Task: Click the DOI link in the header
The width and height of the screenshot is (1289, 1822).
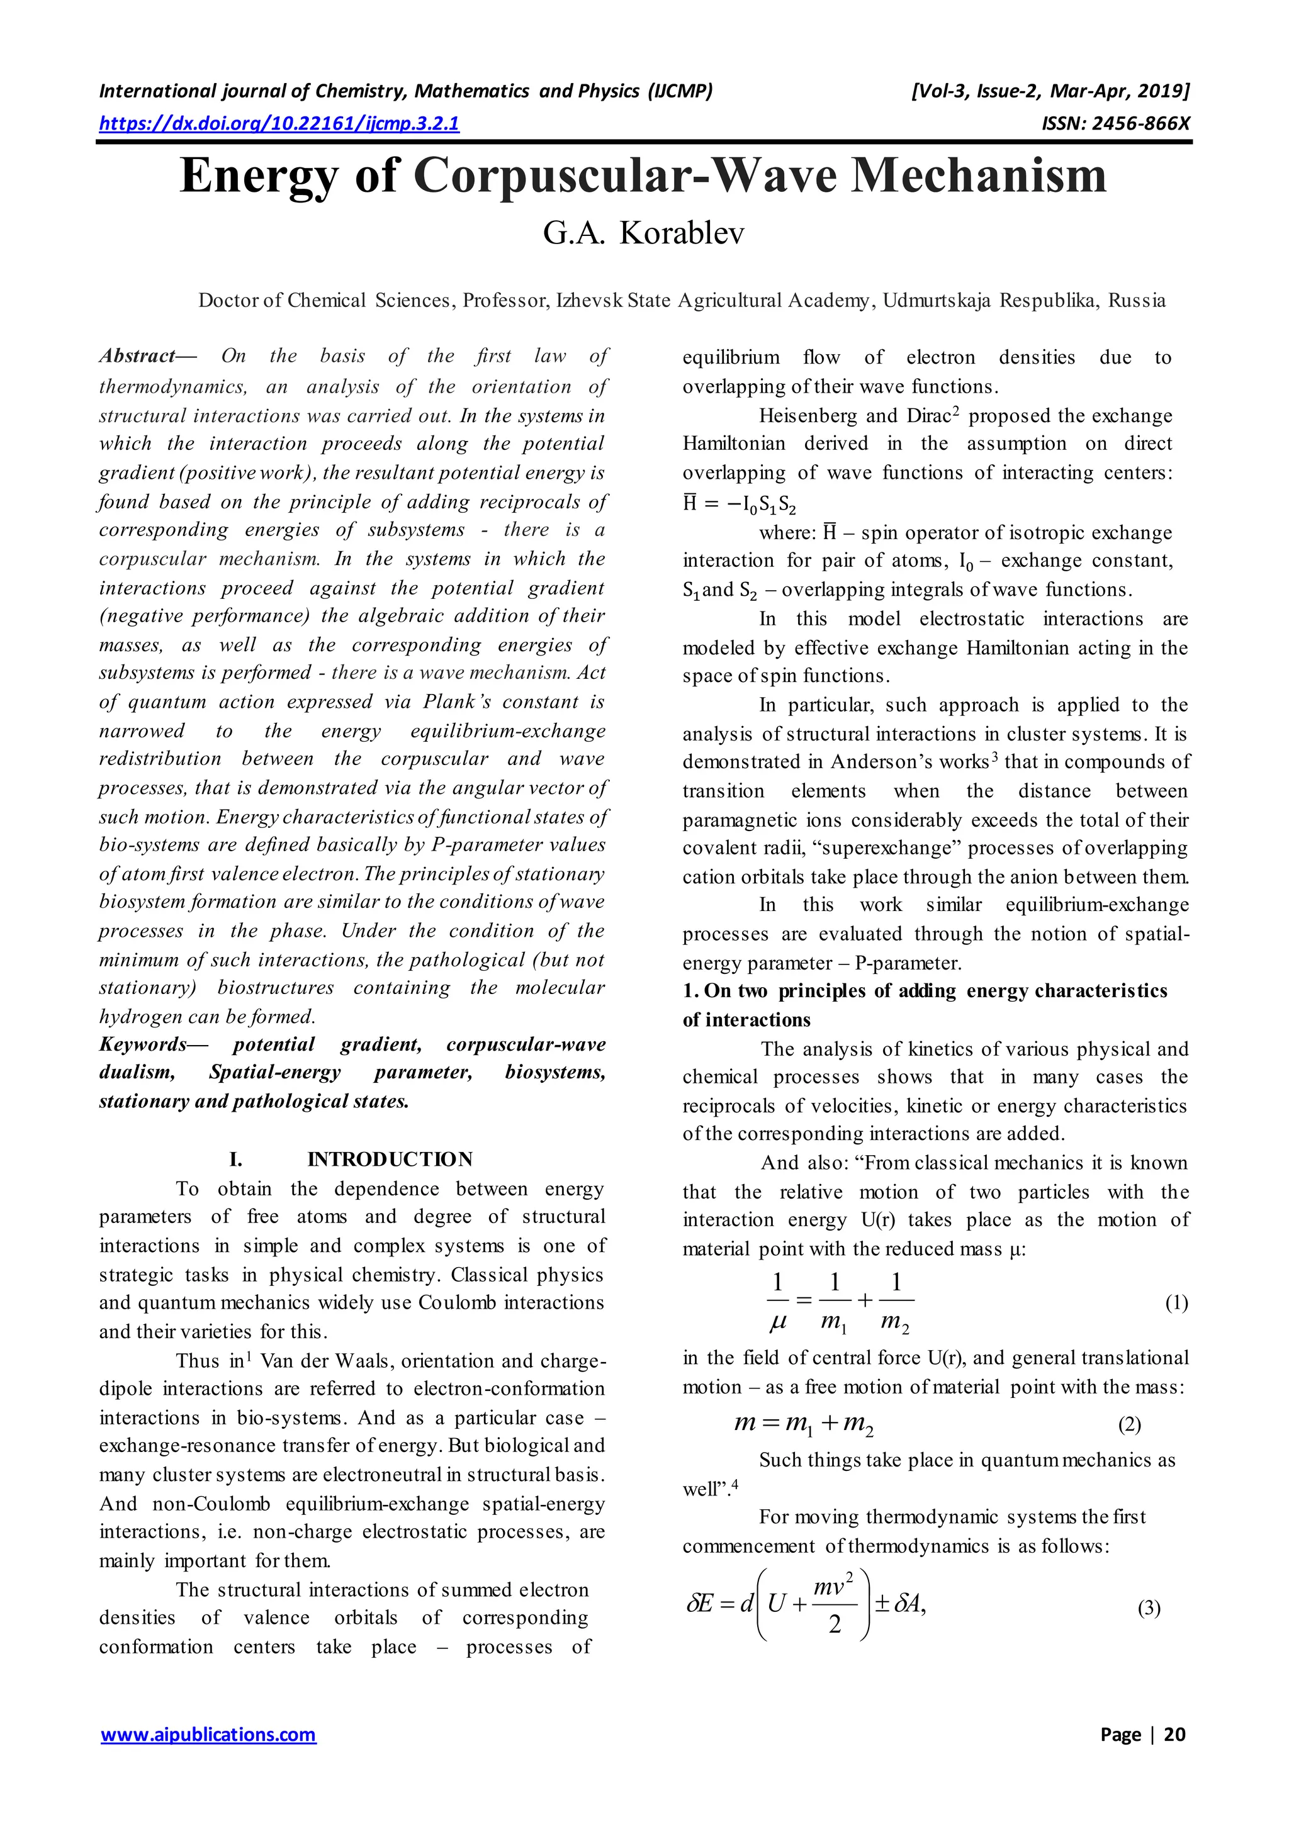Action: [279, 123]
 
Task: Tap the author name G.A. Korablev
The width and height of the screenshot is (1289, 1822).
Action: [644, 233]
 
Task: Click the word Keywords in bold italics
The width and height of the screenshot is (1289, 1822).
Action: [143, 1044]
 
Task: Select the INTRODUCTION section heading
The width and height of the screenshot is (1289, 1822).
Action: [389, 1160]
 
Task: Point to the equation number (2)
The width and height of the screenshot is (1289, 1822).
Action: [1130, 1424]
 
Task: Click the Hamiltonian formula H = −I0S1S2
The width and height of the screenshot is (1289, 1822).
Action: [738, 504]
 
